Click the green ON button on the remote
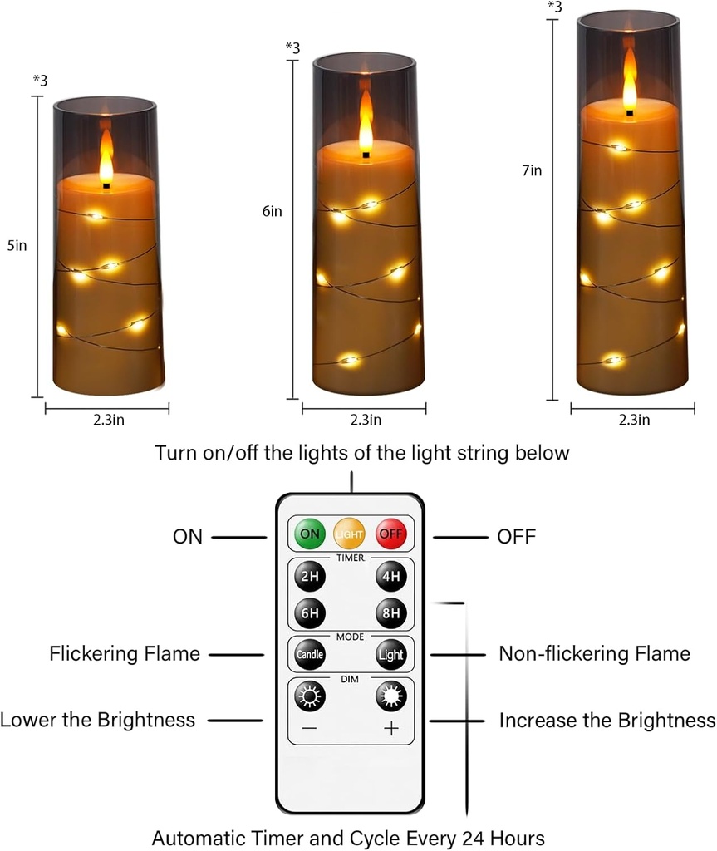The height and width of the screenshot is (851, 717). tap(309, 534)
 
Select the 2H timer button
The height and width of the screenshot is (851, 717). tap(309, 577)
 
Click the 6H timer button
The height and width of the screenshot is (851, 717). tap(309, 613)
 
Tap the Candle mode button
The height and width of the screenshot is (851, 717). tap(309, 654)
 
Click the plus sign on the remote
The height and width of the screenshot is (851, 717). tap(390, 729)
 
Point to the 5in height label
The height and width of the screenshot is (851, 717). tap(17, 245)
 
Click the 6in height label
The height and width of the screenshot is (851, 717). tap(272, 211)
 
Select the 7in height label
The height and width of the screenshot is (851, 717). tap(532, 170)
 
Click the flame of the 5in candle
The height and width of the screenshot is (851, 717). tap(106, 158)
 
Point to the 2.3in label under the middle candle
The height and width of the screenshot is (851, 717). tap(366, 420)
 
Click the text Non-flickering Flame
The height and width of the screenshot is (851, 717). tap(594, 654)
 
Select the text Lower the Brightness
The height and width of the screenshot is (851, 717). tap(98, 720)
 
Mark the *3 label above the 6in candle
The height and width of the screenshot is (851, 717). tap(292, 47)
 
